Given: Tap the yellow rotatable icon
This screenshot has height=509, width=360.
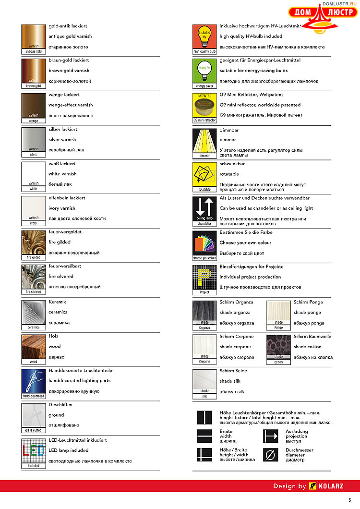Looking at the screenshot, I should click(x=204, y=175).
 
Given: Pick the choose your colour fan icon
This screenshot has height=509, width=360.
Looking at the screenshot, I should click(x=204, y=243).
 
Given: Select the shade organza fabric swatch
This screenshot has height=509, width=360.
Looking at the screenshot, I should click(x=204, y=313).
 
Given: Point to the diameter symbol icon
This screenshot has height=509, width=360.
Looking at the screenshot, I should click(x=271, y=454).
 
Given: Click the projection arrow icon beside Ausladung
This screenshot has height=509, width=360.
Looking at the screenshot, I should click(x=271, y=436).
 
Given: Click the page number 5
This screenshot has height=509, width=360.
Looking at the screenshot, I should click(x=349, y=500).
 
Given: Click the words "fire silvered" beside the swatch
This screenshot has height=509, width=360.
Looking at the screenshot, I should click(x=61, y=277).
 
